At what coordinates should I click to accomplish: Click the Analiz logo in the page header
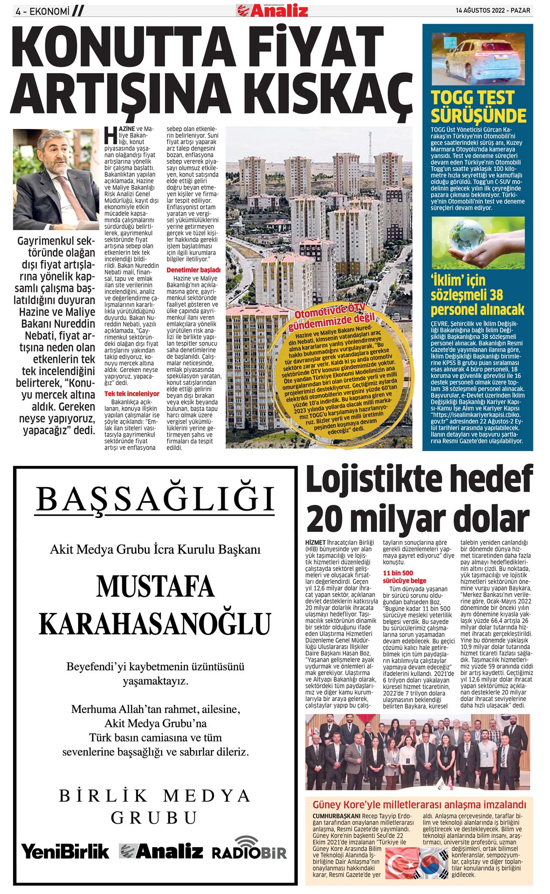click(272, 10)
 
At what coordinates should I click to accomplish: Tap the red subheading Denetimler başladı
click(194, 270)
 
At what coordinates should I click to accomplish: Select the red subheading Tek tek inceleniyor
click(132, 394)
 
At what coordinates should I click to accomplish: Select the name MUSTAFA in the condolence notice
click(155, 586)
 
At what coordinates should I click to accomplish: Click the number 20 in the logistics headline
click(324, 518)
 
